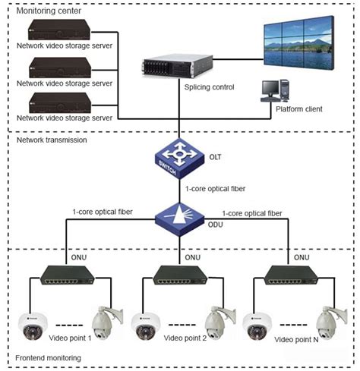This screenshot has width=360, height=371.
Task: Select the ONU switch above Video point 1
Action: (68, 277)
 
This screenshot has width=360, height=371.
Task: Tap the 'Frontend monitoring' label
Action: (49, 357)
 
